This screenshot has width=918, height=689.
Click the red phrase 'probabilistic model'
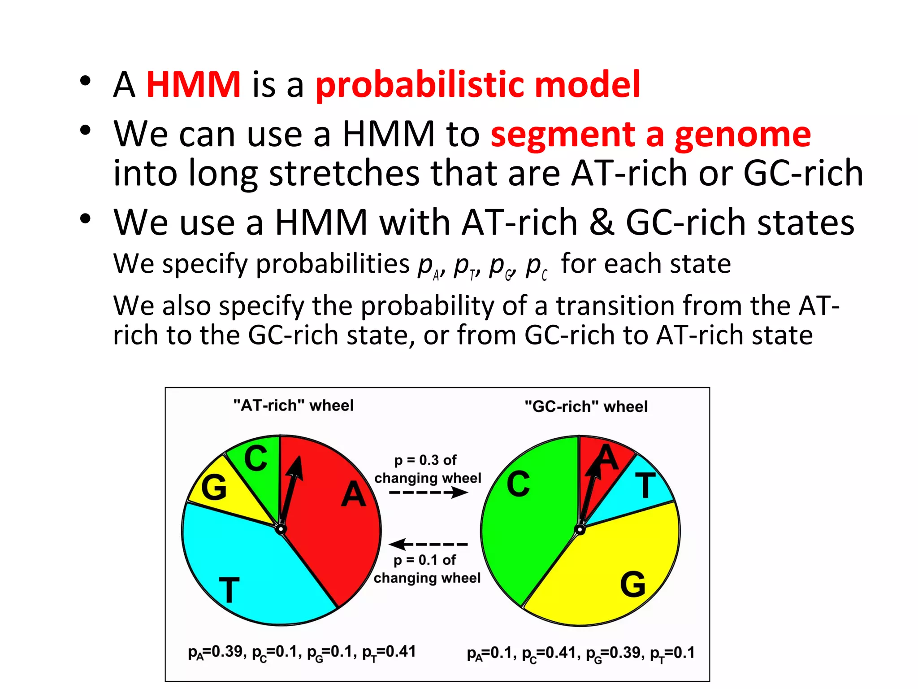point(477,85)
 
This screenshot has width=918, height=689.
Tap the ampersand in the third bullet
point(602,222)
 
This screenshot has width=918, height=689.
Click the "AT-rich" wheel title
point(293,406)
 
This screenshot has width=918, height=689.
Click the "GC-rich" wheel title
point(586,406)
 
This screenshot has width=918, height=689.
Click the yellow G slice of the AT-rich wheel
point(224,493)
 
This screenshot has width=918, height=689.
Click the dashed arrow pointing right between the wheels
point(429,493)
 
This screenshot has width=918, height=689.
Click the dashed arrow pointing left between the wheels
point(428,544)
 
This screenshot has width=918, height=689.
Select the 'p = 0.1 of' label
point(424,560)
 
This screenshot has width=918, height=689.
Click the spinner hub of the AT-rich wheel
point(281,529)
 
